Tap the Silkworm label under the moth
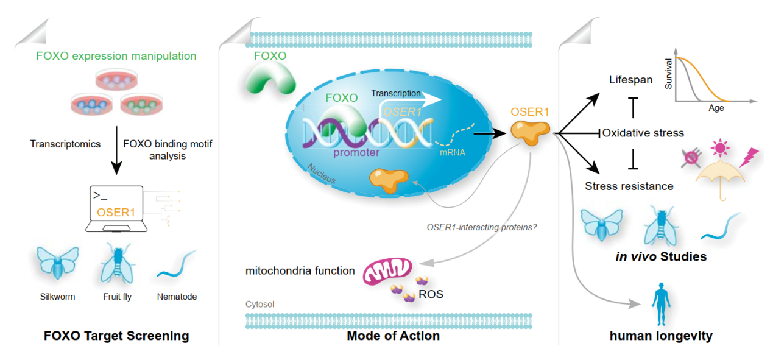[57, 297]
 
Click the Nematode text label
[177, 297]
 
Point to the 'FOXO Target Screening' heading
[116, 336]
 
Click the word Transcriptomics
[65, 144]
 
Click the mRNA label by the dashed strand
[452, 152]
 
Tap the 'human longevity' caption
[661, 336]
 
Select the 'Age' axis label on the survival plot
[716, 108]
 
